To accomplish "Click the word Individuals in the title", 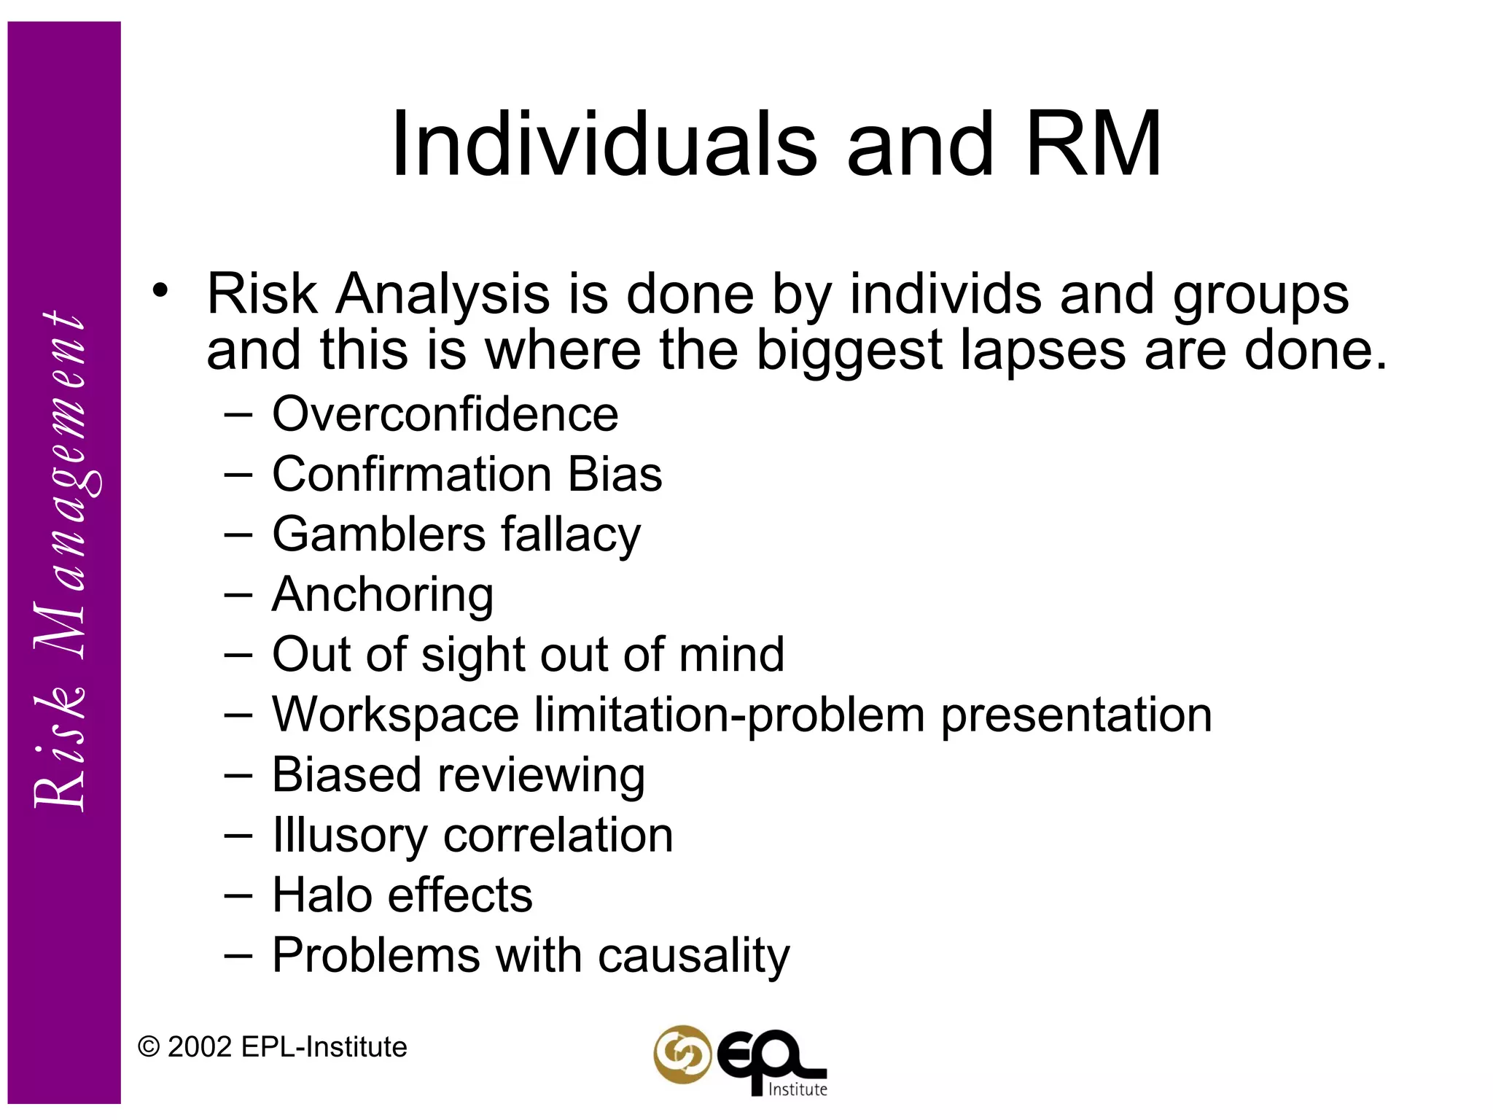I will tap(604, 144).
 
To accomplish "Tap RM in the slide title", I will tap(1093, 144).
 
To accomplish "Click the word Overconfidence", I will tap(445, 414).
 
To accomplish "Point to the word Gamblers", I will tap(378, 534).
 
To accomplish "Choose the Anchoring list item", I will tap(383, 595).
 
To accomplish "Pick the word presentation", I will tap(1076, 715).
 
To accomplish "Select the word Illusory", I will tap(350, 836).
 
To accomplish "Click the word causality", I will tap(693, 956).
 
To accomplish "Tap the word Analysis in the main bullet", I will tap(443, 295).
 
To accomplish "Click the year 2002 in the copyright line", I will tap(200, 1047).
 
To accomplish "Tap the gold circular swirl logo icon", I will tap(682, 1054).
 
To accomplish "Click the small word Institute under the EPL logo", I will tap(798, 1089).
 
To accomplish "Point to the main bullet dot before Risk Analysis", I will tap(160, 291).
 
